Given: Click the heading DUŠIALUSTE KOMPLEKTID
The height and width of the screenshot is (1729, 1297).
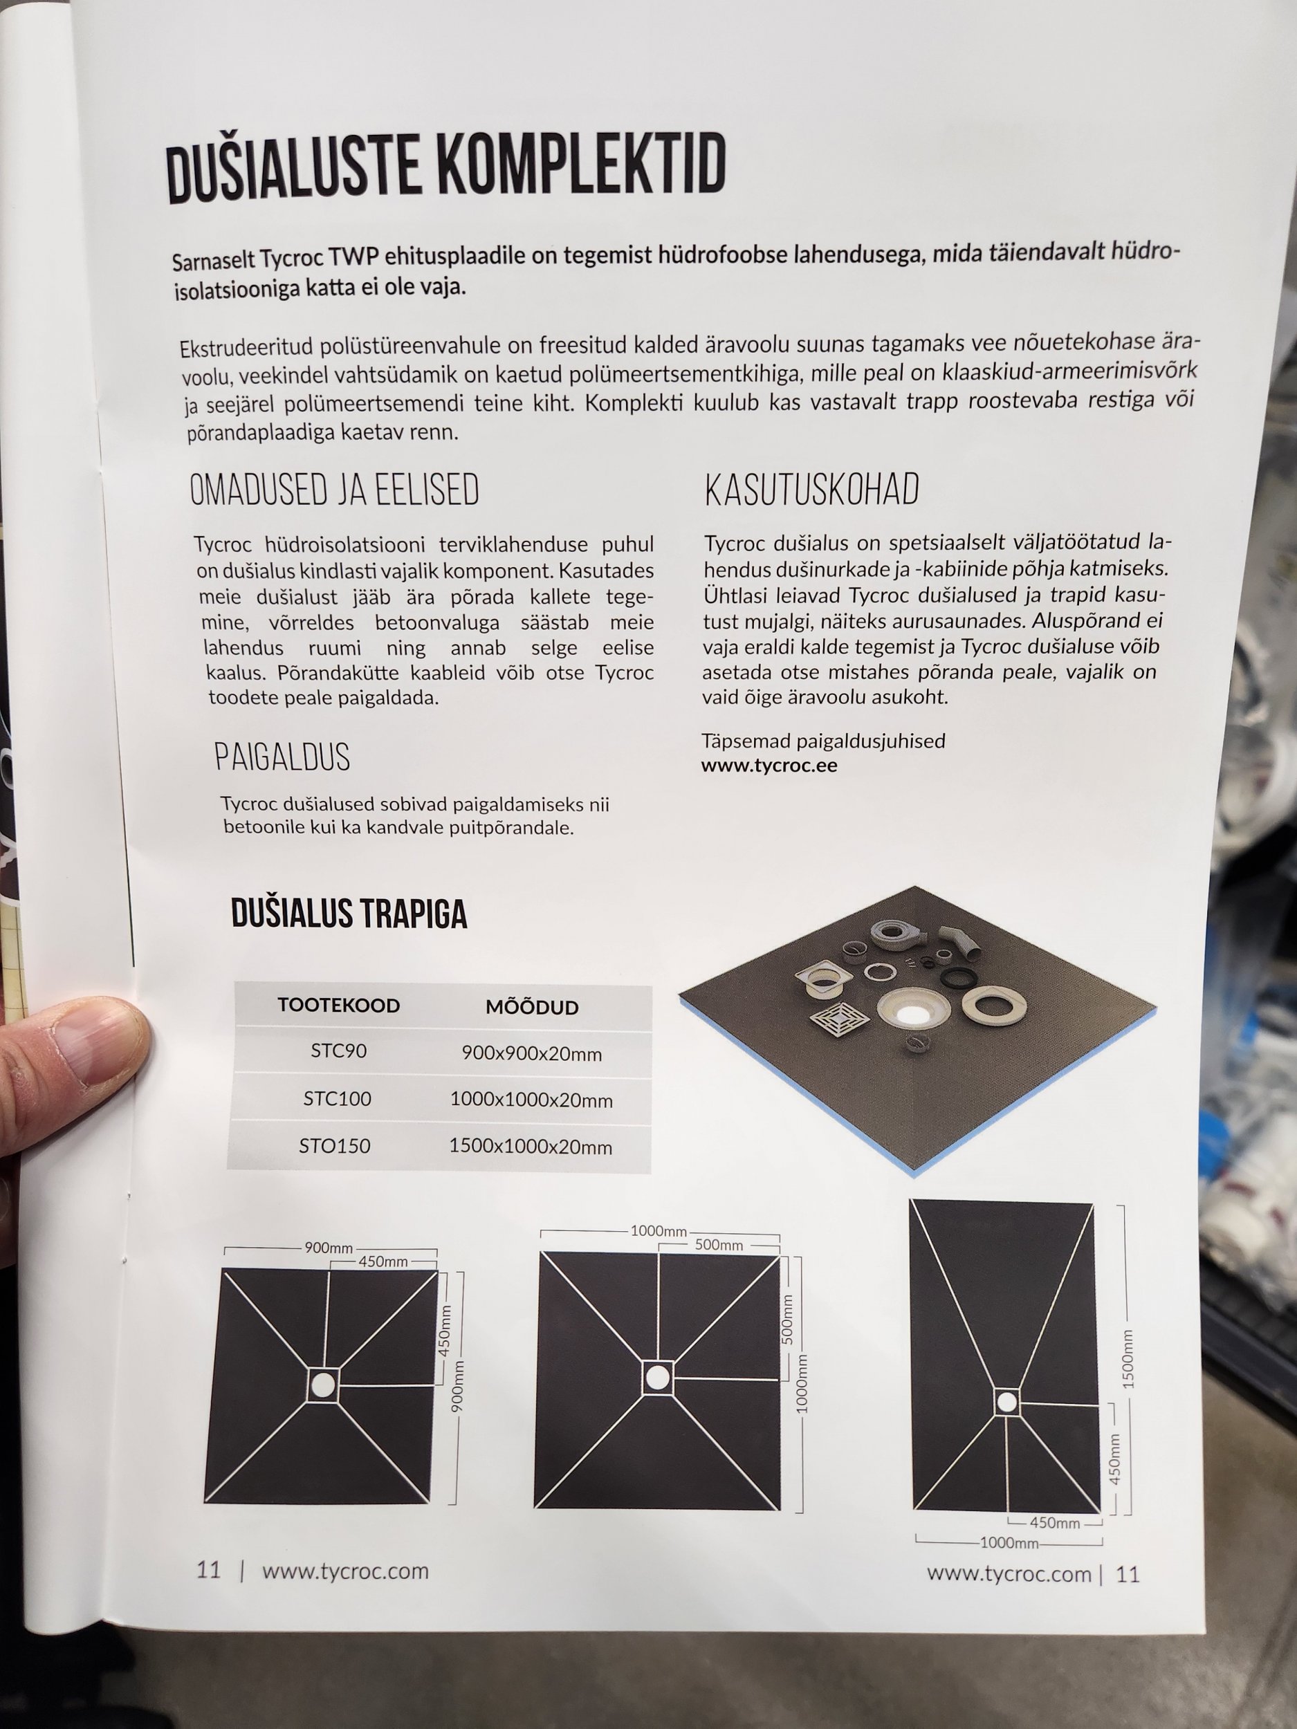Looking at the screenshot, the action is pos(446,167).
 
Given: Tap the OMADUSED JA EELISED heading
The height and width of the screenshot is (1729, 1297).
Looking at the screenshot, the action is pos(335,490).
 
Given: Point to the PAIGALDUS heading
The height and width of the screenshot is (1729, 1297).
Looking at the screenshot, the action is pos(282,757).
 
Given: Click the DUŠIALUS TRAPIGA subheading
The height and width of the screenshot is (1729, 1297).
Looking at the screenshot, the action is pos(349,913).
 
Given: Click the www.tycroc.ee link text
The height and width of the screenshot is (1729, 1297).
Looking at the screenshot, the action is pos(769,765).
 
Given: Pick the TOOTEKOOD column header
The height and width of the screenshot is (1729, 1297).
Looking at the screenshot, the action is pos(338,1005).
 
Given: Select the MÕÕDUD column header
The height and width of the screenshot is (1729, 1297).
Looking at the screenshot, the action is pos(532,1007).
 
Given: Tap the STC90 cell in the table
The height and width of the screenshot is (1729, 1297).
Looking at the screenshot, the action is pos(338,1051).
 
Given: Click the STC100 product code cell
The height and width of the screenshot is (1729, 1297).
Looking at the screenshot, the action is pos(337,1098).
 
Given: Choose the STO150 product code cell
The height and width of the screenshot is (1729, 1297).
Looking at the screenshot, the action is pos(335,1146).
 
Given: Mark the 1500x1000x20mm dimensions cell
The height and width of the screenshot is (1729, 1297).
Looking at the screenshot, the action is pos(530,1147).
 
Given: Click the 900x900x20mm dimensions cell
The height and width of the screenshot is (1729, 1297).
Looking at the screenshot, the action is pos(532,1053).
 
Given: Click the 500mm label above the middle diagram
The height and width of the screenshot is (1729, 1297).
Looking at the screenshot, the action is pos(719,1244).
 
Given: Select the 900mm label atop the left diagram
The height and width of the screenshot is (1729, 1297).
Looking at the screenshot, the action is pos(329,1248).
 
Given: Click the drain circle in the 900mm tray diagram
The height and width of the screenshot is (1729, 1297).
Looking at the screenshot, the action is pos(323,1385).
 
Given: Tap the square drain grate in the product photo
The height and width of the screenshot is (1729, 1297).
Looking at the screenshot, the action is pos(840,1018).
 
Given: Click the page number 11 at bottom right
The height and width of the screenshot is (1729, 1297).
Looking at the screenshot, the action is pos(1128,1573).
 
